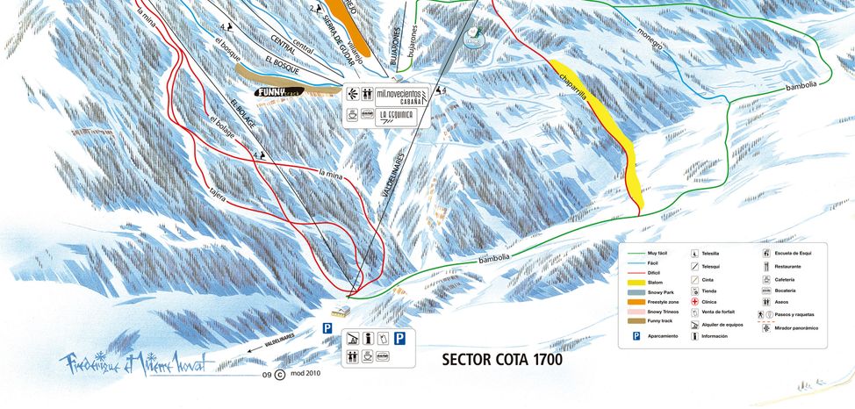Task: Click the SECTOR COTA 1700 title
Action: tap(502, 359)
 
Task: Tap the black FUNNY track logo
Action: tap(279, 91)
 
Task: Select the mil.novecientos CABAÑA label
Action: tap(400, 96)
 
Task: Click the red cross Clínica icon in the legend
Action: tap(694, 300)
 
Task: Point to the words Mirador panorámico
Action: tap(796, 327)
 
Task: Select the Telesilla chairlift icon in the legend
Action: tap(694, 253)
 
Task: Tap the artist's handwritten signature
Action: tap(136, 362)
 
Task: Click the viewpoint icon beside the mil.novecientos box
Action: tap(352, 92)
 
